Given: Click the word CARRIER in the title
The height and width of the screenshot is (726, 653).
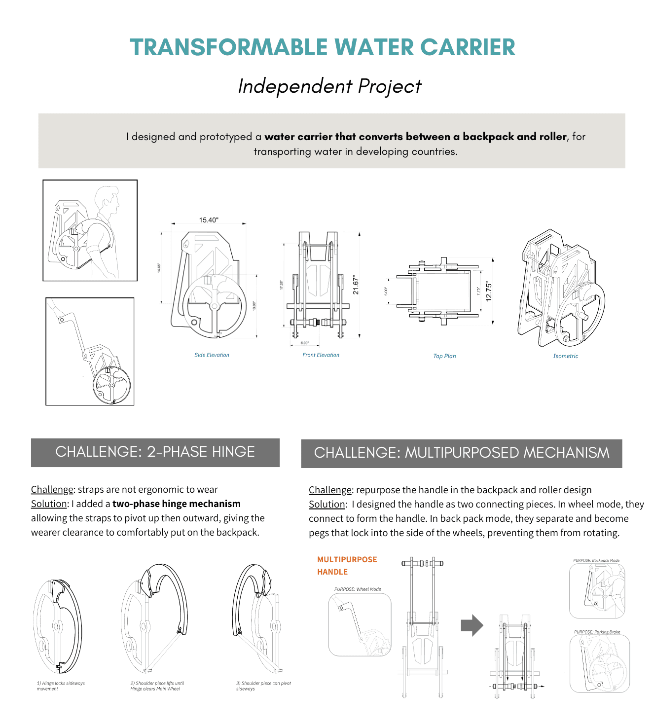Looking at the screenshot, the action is [468, 48].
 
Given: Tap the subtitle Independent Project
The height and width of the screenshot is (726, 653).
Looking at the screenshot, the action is [329, 86].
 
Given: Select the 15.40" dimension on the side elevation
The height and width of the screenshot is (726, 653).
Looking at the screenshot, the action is [209, 220].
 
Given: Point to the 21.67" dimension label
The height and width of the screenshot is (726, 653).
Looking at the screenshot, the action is [356, 286].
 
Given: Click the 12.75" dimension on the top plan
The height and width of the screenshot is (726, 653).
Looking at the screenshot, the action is [488, 291].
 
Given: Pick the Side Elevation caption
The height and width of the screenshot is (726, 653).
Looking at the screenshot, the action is [212, 355].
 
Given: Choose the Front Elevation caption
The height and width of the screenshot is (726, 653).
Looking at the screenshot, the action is [321, 355].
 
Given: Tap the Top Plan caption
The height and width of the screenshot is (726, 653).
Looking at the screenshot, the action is [444, 356].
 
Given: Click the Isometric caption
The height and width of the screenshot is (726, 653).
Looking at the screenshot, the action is [565, 356].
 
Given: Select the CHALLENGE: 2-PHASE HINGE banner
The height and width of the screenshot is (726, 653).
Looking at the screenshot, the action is [155, 452].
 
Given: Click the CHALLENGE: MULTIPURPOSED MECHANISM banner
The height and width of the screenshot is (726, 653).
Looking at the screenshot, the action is [462, 453].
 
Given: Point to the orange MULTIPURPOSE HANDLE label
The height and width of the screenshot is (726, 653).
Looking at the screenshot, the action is [347, 566].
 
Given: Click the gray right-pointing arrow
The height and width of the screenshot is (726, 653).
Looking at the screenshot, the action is [472, 625].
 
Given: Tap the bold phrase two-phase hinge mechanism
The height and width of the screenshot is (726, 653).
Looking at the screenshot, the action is [177, 504].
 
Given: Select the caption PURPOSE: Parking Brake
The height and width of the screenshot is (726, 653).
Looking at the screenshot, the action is [597, 632].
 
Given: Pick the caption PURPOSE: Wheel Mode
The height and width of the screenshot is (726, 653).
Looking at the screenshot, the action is [358, 589].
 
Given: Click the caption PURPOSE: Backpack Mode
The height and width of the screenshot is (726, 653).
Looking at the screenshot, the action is [596, 561].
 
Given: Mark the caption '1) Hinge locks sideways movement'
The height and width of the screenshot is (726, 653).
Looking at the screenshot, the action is [61, 686].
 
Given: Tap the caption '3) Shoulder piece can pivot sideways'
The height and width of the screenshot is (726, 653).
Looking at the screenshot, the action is [263, 686].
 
